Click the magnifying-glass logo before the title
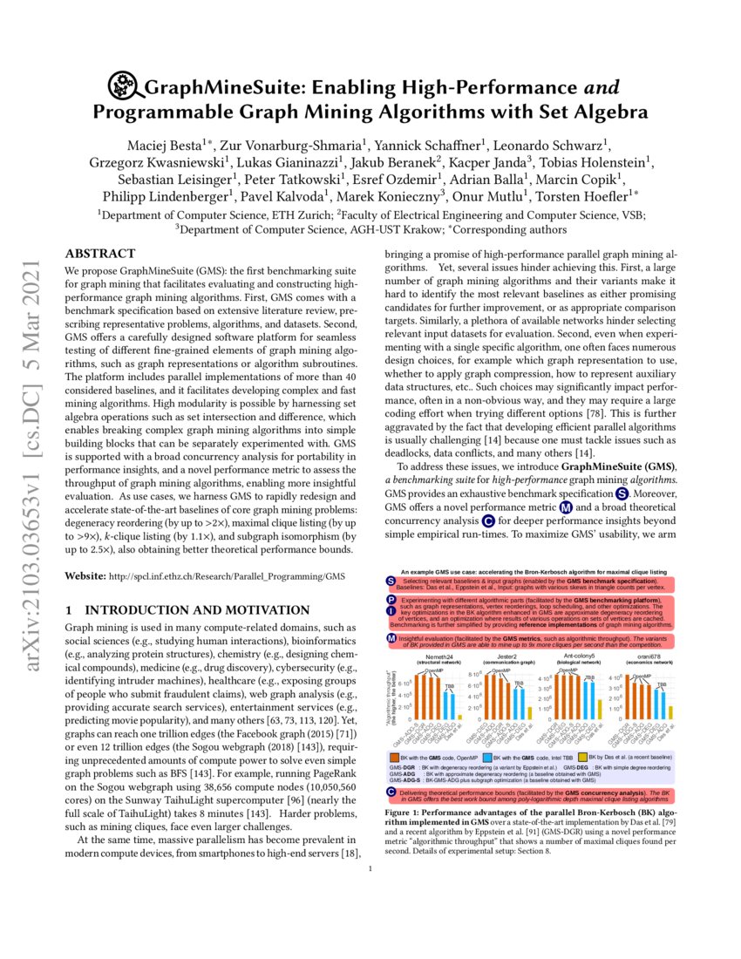coord(124,87)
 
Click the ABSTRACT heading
coord(101,254)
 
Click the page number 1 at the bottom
coord(370,868)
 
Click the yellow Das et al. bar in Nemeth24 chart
coord(459,716)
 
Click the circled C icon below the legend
coord(391,791)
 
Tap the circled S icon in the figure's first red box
coord(391,581)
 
